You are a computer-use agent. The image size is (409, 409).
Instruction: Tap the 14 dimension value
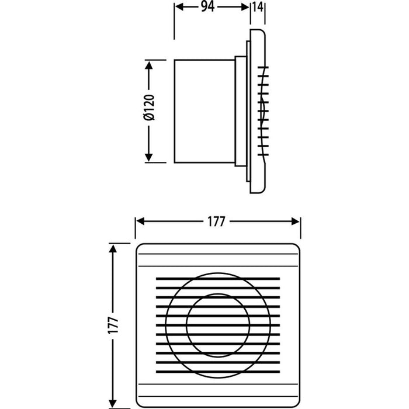point(257,8)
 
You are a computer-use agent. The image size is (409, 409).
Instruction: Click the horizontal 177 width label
point(217,222)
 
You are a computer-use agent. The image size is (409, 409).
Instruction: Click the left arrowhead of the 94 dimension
point(179,8)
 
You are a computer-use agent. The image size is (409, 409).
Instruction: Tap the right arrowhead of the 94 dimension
point(245,8)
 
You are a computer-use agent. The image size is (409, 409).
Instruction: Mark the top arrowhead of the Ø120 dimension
point(150,64)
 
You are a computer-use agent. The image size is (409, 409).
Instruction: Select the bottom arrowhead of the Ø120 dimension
point(150,158)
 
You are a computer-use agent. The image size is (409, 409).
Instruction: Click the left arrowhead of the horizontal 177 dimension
point(140,222)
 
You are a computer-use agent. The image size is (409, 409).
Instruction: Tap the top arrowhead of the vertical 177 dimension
point(113,248)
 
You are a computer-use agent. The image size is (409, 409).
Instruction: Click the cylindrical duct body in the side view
point(204,111)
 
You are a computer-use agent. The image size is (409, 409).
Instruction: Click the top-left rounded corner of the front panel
point(140,248)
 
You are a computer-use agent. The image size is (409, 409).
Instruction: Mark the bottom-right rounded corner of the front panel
point(296,396)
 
